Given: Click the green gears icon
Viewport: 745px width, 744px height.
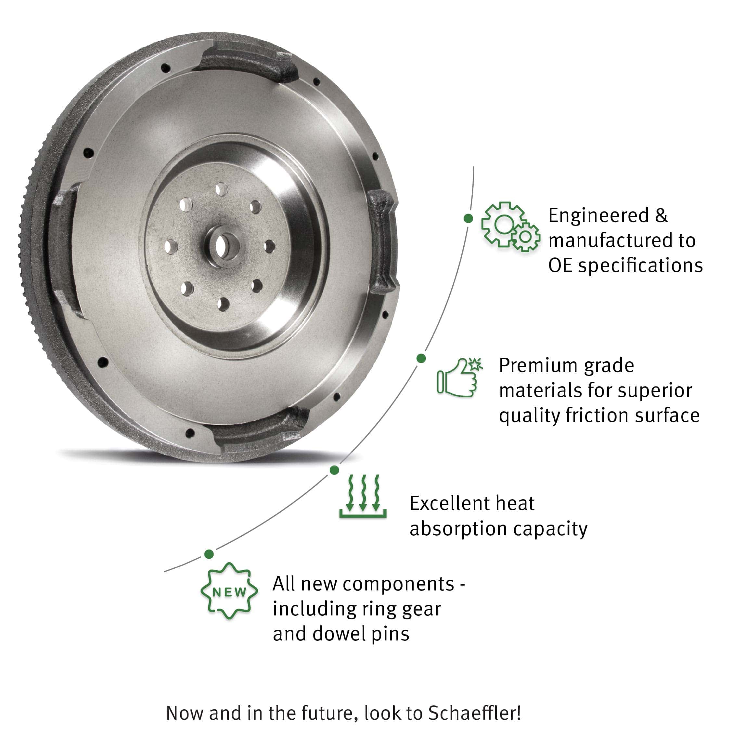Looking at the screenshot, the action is (x=510, y=227).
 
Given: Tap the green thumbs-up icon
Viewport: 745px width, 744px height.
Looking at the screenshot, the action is (x=460, y=377).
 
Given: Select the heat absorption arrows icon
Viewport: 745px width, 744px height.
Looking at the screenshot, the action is (x=363, y=496).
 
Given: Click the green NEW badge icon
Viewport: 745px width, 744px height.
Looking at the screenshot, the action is (x=229, y=591).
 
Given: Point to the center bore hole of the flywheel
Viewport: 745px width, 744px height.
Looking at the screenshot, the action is (x=221, y=247).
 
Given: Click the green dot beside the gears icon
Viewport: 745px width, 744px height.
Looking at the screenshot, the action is (x=468, y=218).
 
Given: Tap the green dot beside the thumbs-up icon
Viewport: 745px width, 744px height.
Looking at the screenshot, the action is (x=421, y=358).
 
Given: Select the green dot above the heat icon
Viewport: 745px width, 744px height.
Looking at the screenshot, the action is (x=334, y=470).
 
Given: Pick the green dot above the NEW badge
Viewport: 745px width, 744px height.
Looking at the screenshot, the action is (x=209, y=554).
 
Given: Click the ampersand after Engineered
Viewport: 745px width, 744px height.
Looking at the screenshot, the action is (x=661, y=215).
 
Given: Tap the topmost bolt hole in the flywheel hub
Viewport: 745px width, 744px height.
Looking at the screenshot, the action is (x=222, y=189).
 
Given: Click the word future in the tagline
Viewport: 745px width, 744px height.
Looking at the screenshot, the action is (x=327, y=713).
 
